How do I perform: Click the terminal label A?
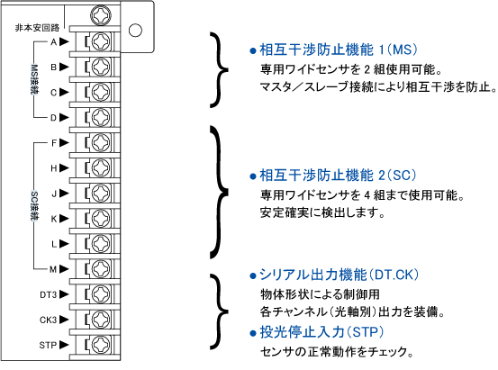pos(54,42)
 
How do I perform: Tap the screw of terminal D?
pos(101,118)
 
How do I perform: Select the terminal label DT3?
pos(49,294)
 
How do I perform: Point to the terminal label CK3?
pos(49,320)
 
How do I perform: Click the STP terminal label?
pos(48,345)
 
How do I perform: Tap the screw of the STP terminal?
pos(101,345)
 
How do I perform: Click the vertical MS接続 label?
pos(34,80)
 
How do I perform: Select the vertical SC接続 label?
pos(34,206)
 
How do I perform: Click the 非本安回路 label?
pos(37,28)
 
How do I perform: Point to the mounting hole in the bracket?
pos(135,31)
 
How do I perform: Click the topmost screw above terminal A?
pos(101,15)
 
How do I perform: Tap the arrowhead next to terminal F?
pos(64,143)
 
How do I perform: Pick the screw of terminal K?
pos(101,219)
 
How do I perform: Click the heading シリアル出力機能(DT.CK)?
pos(340,275)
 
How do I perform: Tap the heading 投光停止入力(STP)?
pos(321,332)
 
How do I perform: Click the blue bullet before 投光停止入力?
pos(253,333)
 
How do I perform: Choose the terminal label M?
pos(53,270)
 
